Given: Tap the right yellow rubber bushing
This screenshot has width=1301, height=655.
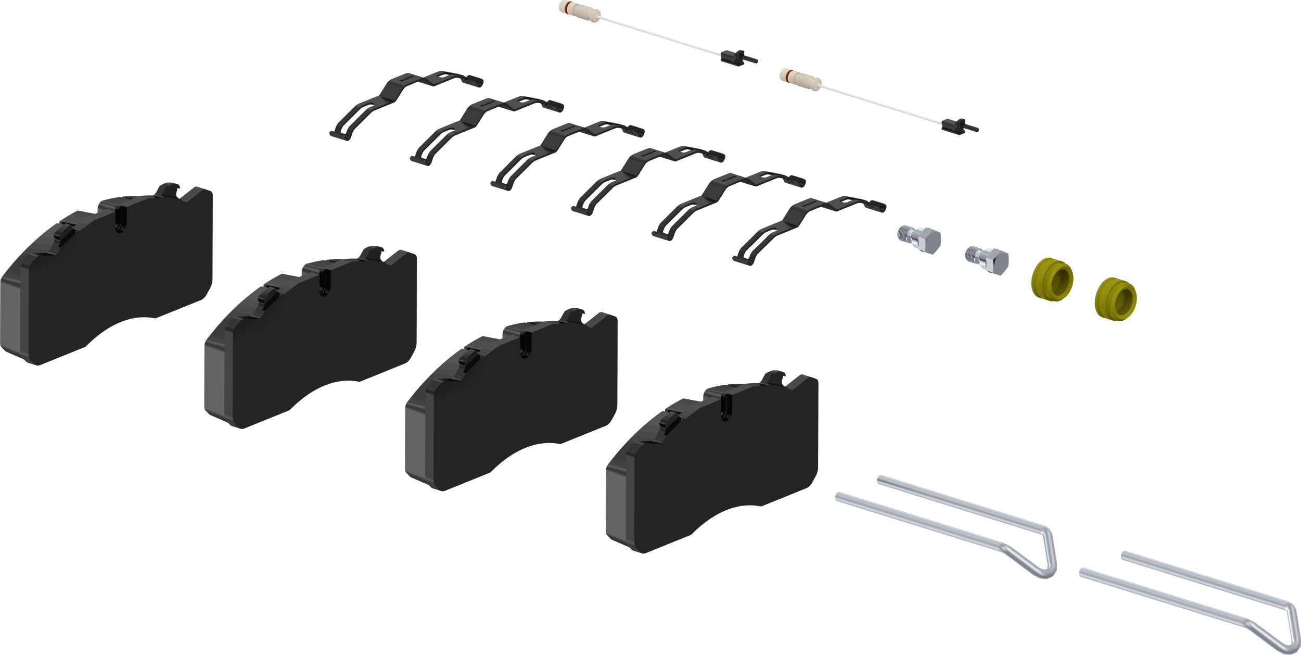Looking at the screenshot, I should [x=1115, y=299].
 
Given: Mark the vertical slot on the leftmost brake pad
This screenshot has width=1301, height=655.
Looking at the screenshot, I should [x=119, y=219].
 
